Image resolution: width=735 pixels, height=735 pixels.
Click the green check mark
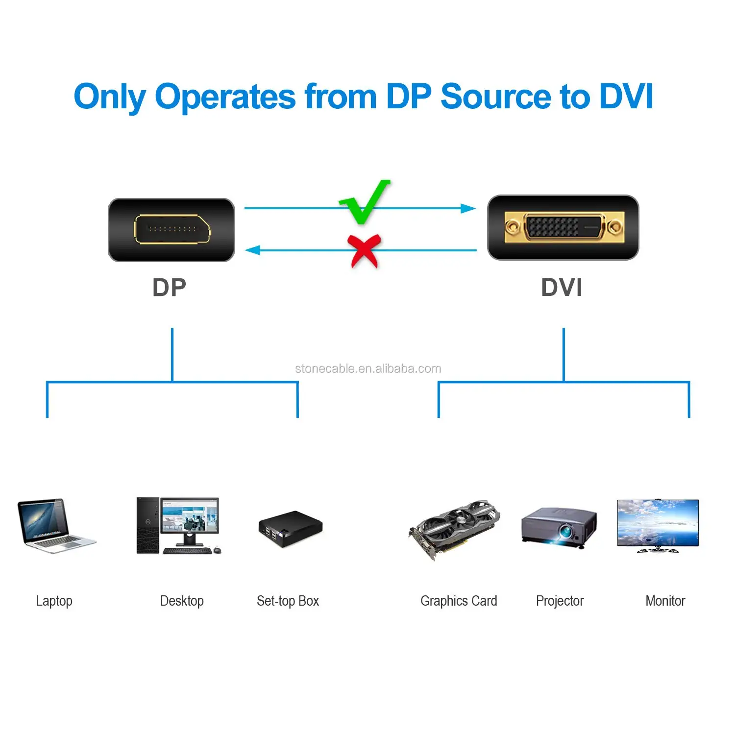click(x=365, y=202)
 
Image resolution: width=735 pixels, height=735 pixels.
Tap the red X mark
click(x=364, y=250)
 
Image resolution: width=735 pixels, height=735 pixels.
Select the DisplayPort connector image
click(x=171, y=230)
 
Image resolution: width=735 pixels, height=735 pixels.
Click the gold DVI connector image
click(x=563, y=227)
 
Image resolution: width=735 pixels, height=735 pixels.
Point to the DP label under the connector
click(x=170, y=288)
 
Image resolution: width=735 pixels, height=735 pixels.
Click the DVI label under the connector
click(x=562, y=288)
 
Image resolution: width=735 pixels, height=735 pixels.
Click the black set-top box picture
click(x=290, y=529)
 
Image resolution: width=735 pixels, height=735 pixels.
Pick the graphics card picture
click(x=455, y=529)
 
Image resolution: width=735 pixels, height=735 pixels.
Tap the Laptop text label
click(x=54, y=601)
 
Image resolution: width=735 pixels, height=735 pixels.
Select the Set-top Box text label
click(x=288, y=601)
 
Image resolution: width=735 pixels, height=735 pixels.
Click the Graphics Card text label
click(x=459, y=601)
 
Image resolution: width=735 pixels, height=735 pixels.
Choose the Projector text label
click(x=560, y=601)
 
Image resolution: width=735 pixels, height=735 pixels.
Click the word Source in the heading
click(x=497, y=97)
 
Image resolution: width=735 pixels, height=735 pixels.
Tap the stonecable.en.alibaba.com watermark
click(x=368, y=369)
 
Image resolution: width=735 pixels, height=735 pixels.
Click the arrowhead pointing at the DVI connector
click(x=468, y=209)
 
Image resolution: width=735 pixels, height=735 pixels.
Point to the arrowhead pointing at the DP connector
click(x=252, y=250)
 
